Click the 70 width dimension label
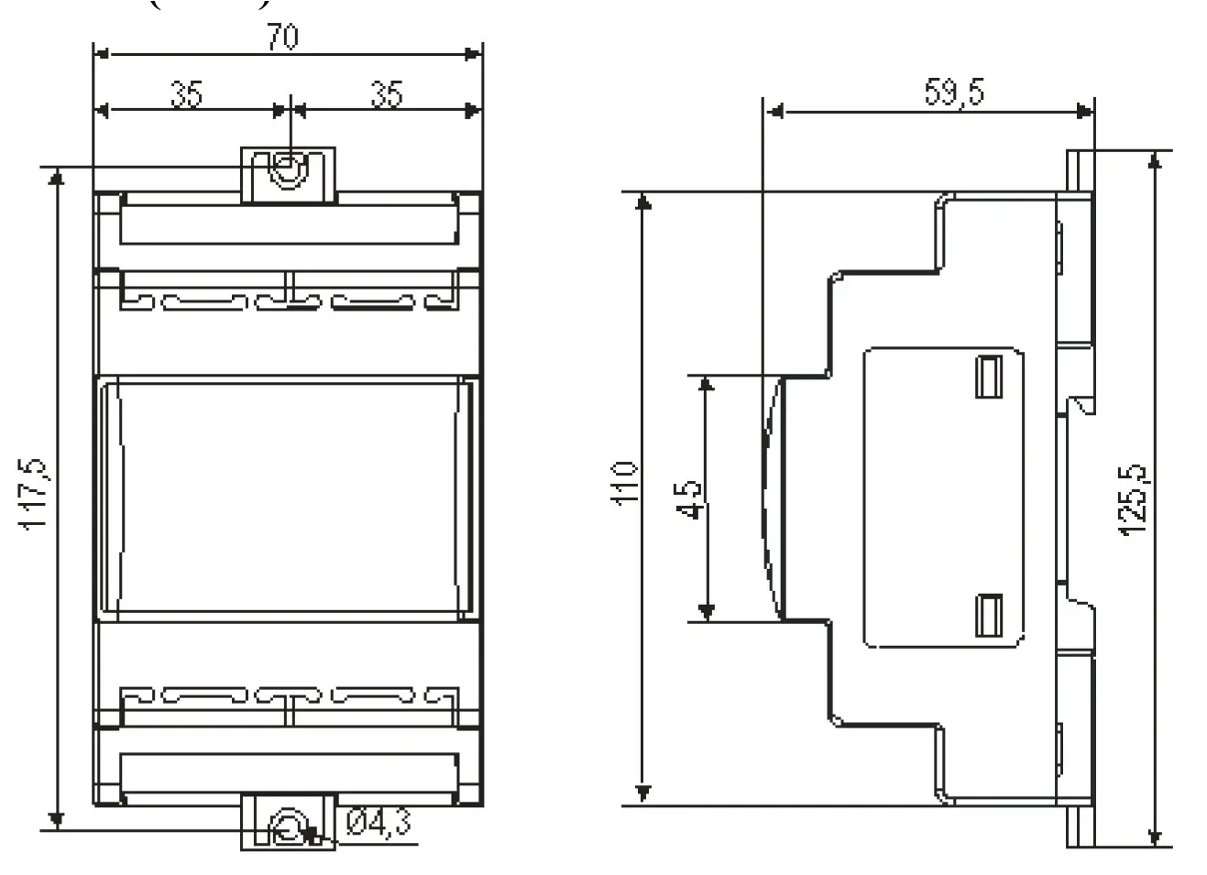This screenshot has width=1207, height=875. (283, 38)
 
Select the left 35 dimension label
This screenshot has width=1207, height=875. (187, 94)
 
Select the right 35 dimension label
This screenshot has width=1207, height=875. (386, 94)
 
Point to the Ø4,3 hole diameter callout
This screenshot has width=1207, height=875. (379, 823)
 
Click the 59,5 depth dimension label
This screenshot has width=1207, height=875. (954, 93)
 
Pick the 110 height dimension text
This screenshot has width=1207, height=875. (624, 483)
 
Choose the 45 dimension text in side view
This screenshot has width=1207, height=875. (689, 499)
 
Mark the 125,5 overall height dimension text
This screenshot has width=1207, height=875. (1133, 499)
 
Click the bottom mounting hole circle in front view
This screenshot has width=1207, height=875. (288, 828)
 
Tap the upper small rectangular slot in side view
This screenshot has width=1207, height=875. (988, 377)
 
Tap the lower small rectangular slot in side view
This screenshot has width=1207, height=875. (988, 615)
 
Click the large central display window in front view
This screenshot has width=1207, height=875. (289, 498)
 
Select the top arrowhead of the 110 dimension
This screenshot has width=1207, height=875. (644, 201)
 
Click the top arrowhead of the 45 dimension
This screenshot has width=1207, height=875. (706, 383)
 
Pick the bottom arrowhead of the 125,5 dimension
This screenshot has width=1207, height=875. (1155, 837)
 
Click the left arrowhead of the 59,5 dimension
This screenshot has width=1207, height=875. (774, 112)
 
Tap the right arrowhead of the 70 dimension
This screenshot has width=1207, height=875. (474, 55)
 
